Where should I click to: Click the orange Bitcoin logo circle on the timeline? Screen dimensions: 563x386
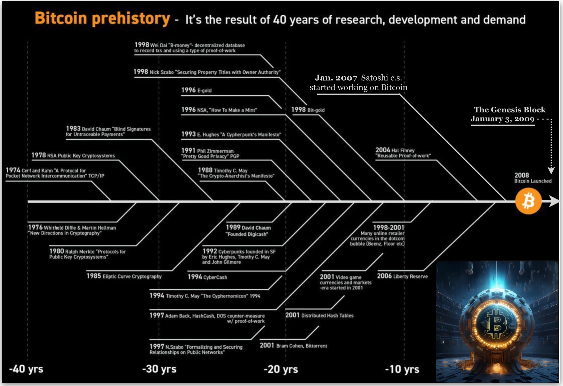[528, 201]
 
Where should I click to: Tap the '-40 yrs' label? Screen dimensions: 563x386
[26, 369]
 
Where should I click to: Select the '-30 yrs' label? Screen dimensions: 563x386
[159, 369]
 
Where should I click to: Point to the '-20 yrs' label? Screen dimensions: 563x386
[281, 369]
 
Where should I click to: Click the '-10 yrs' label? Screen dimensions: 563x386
[402, 369]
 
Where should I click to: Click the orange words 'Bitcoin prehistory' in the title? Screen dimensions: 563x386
[102, 18]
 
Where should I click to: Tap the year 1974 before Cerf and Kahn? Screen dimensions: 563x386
[13, 170]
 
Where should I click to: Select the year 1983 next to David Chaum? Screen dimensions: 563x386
[73, 129]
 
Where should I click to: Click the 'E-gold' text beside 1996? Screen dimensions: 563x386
[204, 91]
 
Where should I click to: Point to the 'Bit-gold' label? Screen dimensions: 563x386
[316, 110]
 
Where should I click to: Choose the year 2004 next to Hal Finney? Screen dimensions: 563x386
[383, 150]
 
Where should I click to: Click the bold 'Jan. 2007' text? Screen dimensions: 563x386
[336, 78]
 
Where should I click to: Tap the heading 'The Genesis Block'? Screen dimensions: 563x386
[510, 110]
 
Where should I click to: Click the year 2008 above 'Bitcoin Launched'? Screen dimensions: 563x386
[522, 175]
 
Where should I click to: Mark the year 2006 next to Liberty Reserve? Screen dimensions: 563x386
[384, 276]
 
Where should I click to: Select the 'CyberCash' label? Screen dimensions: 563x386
[215, 277]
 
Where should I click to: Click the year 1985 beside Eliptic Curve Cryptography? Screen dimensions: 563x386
[94, 276]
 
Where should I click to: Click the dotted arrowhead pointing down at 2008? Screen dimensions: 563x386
[551, 171]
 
